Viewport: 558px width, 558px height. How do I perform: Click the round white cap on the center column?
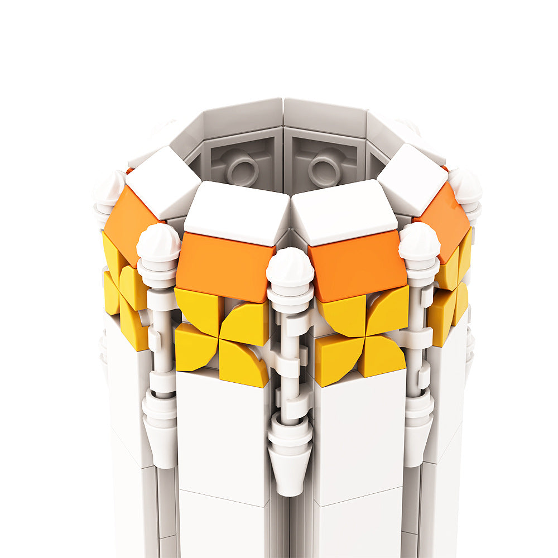tap(290, 267)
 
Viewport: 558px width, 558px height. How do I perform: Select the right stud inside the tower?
tap(325, 167)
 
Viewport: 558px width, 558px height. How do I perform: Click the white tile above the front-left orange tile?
tap(237, 212)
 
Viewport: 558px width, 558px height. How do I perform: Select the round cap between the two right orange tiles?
tap(419, 241)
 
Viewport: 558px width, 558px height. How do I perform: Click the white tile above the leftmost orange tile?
tap(163, 181)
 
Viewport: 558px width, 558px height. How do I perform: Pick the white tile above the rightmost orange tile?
tap(412, 179)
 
